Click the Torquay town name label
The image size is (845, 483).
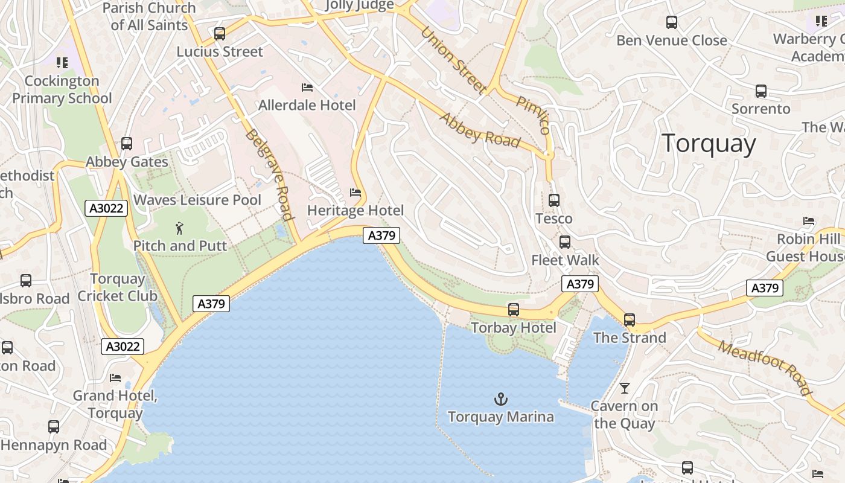[x=709, y=144]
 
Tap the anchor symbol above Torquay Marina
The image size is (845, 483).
[x=501, y=399]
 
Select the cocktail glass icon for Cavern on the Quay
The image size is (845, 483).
[x=625, y=388]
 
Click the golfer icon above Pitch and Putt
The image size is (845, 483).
[x=179, y=228]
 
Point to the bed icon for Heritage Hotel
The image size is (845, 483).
[x=356, y=193]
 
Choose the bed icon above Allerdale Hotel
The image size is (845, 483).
[x=307, y=88]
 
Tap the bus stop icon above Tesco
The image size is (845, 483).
[x=554, y=200]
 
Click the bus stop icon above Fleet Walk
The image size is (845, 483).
[x=565, y=242]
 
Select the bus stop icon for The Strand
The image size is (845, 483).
[x=630, y=320]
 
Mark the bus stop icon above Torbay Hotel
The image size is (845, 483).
[x=514, y=310]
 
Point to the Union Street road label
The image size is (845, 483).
[x=453, y=60]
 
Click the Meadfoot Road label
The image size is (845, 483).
[x=765, y=367]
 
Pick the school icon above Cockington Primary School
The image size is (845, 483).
[x=62, y=63]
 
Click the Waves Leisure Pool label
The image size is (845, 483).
[x=197, y=200]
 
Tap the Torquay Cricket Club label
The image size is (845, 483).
[x=117, y=287]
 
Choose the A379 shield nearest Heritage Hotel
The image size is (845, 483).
[x=381, y=235]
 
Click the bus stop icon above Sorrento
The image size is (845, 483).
[x=761, y=91]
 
